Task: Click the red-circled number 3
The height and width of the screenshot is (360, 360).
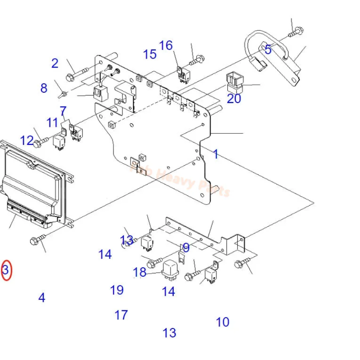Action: tap(5, 270)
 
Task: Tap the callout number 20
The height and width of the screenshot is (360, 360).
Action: tap(234, 98)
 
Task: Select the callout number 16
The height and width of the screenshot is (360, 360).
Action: tap(166, 45)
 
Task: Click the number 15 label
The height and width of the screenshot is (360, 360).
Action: tap(149, 54)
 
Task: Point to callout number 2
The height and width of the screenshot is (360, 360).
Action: tap(54, 63)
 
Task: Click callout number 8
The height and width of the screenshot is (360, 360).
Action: tap(44, 88)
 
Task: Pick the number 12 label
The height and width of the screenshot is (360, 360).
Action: tap(27, 140)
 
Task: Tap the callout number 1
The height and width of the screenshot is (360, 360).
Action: tap(216, 154)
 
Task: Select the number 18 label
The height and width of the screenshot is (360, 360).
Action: tap(139, 272)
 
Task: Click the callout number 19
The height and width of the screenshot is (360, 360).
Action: tap(117, 290)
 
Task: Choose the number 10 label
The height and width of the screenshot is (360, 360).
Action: tap(222, 322)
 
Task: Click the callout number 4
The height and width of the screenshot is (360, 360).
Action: tap(42, 297)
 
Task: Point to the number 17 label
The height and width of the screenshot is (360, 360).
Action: tap(121, 315)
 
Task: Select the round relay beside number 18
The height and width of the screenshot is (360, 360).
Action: tap(171, 269)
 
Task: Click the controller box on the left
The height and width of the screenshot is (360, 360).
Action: tap(34, 184)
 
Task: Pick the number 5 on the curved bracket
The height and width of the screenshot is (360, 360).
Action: tap(268, 49)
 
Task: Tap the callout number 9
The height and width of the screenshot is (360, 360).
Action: tap(186, 247)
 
